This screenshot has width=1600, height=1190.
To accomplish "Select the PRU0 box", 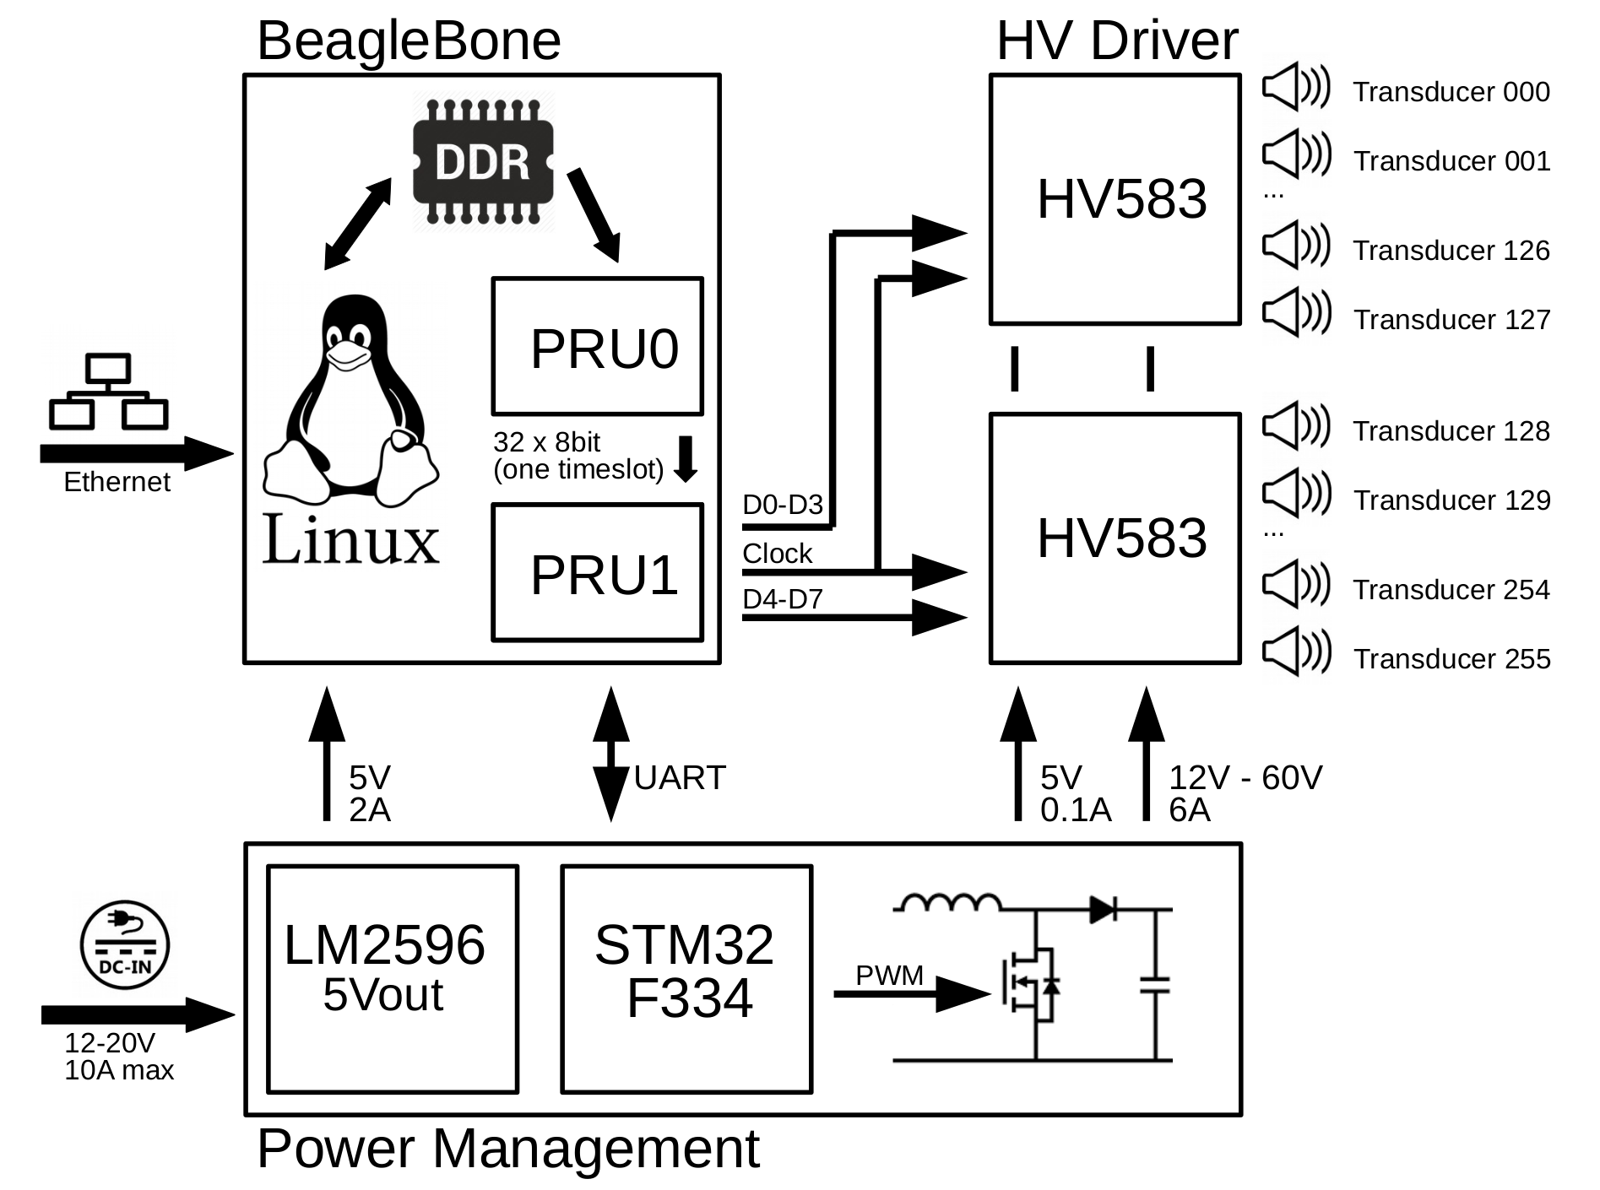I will point(598,347).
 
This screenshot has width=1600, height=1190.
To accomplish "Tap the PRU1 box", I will point(598,573).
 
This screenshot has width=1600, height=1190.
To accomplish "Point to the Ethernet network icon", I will point(108,392).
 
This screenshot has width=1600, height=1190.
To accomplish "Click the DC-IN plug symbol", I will point(125,944).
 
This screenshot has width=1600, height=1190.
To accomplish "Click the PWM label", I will point(889,976).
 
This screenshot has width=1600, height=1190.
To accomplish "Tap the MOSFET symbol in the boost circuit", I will point(1032,983).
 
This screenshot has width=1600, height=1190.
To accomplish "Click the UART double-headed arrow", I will point(610,754).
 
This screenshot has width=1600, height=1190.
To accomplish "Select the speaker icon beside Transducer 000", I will point(1296,88).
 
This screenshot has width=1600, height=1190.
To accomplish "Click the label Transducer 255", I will point(1451,659).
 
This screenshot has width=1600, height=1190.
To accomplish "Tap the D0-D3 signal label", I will point(782,505).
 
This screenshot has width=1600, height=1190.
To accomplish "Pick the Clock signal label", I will point(777,554).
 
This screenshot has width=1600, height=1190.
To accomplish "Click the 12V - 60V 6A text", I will point(1244,793).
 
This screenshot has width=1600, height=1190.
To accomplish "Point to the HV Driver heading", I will point(1116,41).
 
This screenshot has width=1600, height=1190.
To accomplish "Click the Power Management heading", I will point(508,1149).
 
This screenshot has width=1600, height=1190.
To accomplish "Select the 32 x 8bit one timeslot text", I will point(578,456).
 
